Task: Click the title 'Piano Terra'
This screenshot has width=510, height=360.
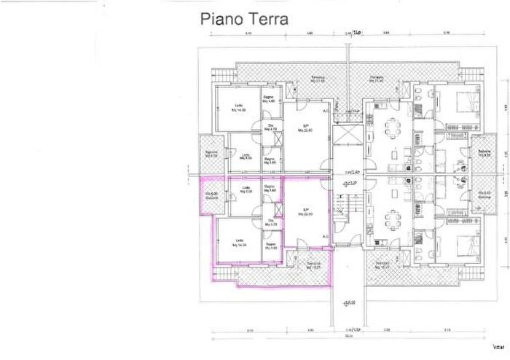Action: [x=244, y=20]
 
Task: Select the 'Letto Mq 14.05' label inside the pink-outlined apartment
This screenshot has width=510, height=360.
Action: [x=240, y=245]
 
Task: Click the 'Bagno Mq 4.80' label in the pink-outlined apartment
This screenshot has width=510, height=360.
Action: [x=270, y=246]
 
